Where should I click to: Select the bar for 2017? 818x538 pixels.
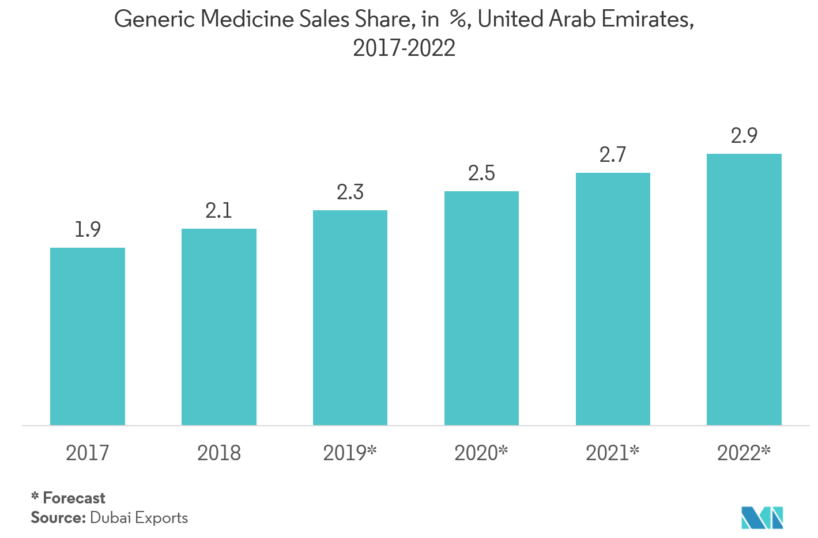click(x=88, y=336)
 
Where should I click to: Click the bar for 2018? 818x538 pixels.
click(x=219, y=327)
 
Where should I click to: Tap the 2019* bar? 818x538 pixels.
click(x=350, y=318)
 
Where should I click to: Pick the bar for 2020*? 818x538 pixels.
click(x=481, y=308)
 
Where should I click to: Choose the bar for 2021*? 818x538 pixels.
click(x=613, y=299)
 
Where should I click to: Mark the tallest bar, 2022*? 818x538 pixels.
click(x=744, y=290)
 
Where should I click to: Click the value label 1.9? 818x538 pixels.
click(x=88, y=230)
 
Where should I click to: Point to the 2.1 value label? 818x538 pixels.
click(x=219, y=211)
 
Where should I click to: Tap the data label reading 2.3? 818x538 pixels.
click(x=350, y=192)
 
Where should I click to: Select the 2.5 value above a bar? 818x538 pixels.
click(x=481, y=173)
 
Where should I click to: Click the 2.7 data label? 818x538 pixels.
click(x=613, y=155)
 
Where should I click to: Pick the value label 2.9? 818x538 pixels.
click(x=744, y=136)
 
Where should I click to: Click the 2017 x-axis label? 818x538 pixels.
click(x=88, y=453)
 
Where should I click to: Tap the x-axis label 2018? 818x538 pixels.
click(x=219, y=453)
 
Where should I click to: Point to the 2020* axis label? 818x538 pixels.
click(x=481, y=453)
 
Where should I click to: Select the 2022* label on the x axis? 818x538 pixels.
click(x=744, y=453)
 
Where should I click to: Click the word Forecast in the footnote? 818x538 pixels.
click(x=74, y=498)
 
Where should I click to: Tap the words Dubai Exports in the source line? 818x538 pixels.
click(x=139, y=518)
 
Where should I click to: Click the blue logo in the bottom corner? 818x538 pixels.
click(x=762, y=517)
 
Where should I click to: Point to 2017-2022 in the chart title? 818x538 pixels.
click(x=404, y=48)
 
